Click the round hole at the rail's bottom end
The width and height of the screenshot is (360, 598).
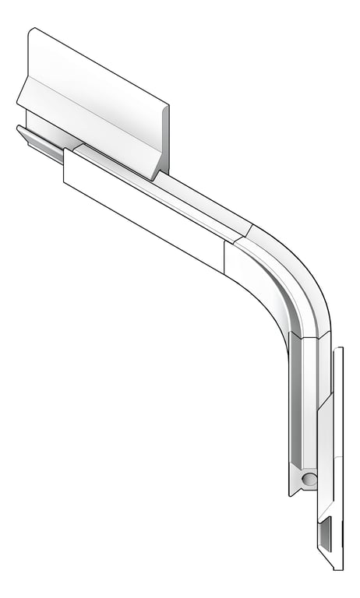(x=309, y=477)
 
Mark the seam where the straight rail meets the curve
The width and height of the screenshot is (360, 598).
(x=245, y=230)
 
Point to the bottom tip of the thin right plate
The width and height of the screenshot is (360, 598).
(x=339, y=567)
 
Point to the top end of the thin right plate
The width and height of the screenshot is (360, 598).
(x=337, y=350)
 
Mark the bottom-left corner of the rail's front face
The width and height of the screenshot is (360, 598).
(x=65, y=184)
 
